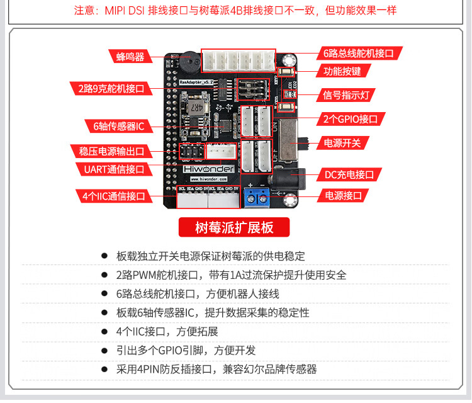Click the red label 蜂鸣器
130,57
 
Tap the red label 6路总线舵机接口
358,54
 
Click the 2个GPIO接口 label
354,119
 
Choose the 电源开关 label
342,143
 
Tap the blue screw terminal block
257,196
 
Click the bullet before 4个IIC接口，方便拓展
104,331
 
